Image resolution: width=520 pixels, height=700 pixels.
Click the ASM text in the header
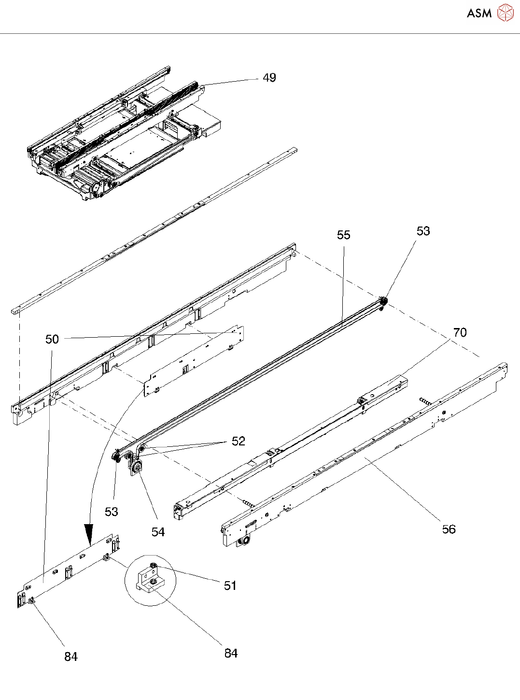(479, 13)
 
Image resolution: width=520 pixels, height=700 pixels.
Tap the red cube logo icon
(506, 13)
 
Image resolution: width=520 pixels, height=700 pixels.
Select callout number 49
(269, 78)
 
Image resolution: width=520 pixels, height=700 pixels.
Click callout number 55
(343, 235)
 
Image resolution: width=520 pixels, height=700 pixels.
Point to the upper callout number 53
(423, 231)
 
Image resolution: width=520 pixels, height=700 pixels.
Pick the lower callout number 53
(111, 512)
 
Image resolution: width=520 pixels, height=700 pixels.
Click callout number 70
(460, 332)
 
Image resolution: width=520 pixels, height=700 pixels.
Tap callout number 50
(52, 339)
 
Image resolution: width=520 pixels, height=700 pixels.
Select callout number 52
(239, 441)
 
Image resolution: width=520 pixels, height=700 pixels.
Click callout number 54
(158, 532)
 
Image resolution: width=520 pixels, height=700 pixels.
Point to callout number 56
(449, 529)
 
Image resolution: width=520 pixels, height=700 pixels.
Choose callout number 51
(230, 586)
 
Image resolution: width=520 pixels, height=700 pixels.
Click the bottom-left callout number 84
(71, 657)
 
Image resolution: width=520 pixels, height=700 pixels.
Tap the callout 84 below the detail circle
(231, 653)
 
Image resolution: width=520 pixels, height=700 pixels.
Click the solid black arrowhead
(89, 534)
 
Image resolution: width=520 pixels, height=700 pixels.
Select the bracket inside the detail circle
(151, 579)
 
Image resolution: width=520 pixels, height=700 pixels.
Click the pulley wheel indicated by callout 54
(137, 468)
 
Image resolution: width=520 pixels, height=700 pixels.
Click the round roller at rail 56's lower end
(246, 540)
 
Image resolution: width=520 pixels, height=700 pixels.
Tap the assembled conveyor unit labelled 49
(116, 135)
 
